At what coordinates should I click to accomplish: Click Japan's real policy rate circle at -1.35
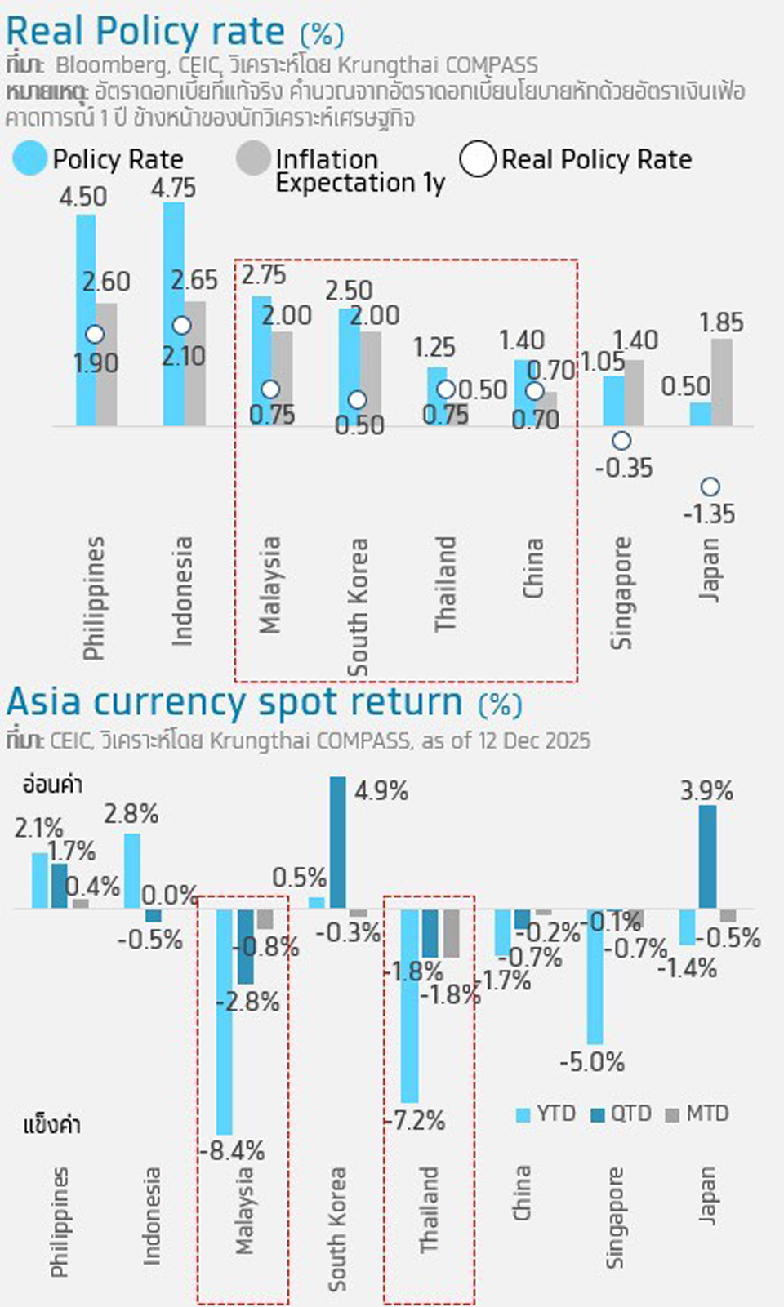click(x=710, y=487)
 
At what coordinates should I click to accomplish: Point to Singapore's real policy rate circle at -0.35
click(x=621, y=441)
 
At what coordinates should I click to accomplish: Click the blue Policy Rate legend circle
click(x=30, y=159)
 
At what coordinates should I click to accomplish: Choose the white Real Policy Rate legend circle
click(x=478, y=159)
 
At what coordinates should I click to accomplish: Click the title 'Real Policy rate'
click(x=145, y=33)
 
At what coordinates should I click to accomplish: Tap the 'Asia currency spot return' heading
click(x=234, y=703)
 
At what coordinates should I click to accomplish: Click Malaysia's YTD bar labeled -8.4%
click(x=224, y=1020)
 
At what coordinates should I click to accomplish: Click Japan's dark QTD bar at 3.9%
click(x=708, y=857)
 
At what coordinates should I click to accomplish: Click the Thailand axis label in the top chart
click(x=445, y=584)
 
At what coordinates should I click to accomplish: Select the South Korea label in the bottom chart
click(x=336, y=1229)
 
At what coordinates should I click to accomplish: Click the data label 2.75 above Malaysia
click(x=263, y=275)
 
